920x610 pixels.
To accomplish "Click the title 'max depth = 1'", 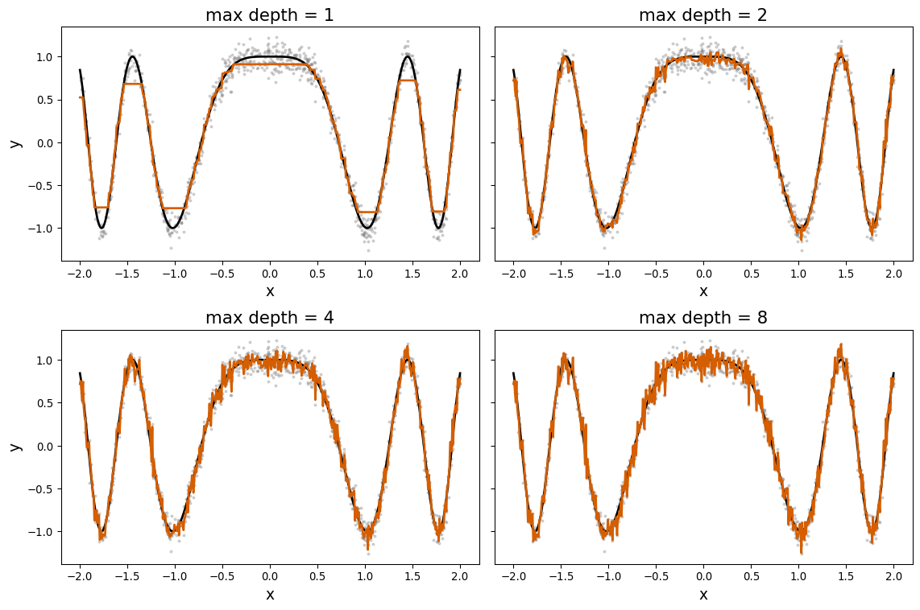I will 270,15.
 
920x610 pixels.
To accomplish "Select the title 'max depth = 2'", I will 703,15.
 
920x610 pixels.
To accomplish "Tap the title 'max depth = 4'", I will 270,318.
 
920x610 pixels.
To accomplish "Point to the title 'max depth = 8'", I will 703,318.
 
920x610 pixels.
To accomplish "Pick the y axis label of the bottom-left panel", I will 15,446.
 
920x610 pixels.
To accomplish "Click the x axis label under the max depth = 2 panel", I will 703,291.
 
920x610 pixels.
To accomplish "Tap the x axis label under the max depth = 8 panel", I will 703,595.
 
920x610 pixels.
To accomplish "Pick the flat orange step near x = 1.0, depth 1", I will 367,212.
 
